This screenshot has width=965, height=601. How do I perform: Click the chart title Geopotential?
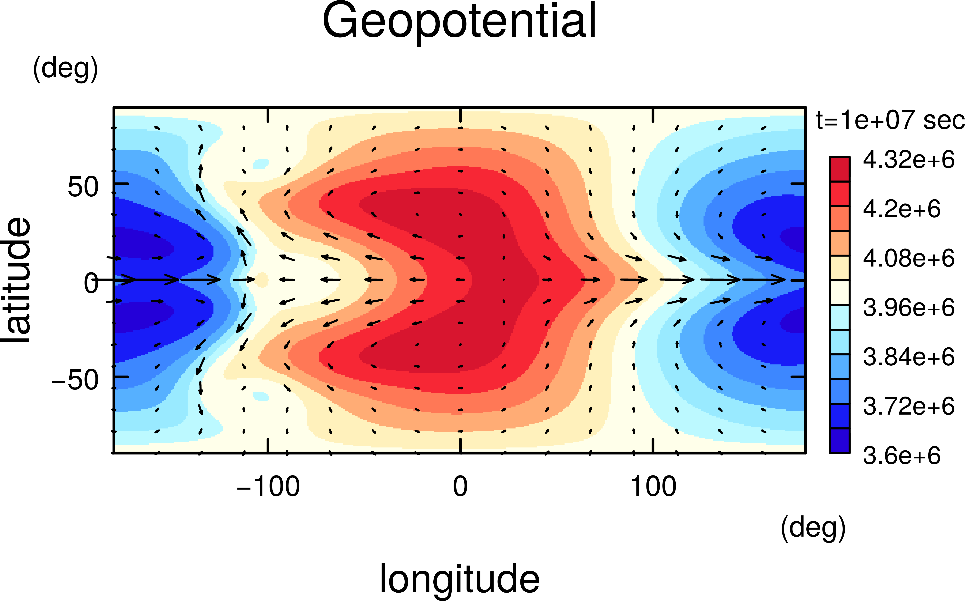(x=459, y=22)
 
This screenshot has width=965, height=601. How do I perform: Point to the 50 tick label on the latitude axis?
(x=83, y=187)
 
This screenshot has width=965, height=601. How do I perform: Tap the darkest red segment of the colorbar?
(x=839, y=169)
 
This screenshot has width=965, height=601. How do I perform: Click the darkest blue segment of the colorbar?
(x=839, y=440)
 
